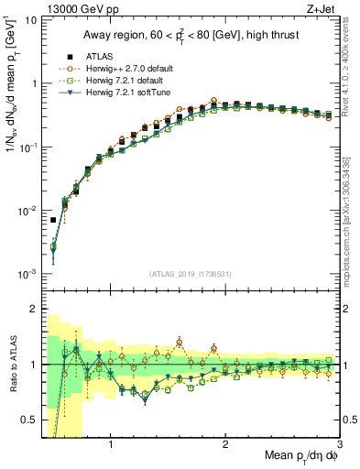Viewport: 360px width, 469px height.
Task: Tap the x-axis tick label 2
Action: click(225, 445)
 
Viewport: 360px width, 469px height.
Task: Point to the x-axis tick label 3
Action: click(339, 445)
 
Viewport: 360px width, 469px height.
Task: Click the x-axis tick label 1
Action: click(111, 445)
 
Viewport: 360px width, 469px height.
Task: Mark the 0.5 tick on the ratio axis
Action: click(31, 420)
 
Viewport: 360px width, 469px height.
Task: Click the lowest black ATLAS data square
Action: click(54, 220)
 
